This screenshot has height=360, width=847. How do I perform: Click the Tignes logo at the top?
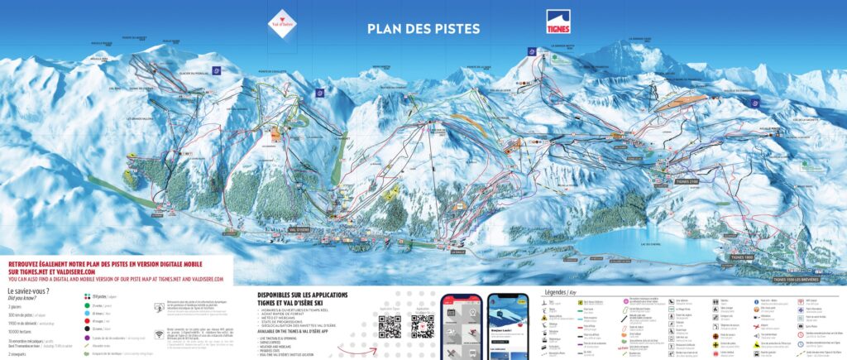[557, 22]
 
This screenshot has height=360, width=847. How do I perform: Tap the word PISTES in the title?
[454, 29]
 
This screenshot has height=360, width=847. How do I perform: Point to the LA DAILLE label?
[435, 262]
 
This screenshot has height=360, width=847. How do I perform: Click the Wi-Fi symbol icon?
[159, 334]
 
